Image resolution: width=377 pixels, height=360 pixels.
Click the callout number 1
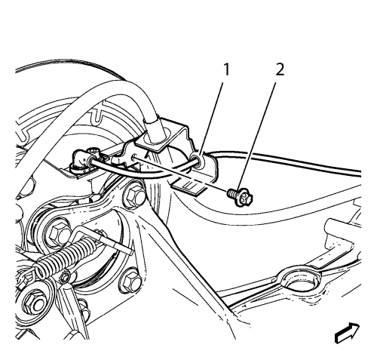click(x=226, y=69)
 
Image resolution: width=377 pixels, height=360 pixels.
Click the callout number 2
click(x=280, y=69)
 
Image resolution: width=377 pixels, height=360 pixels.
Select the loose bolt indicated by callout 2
click(x=240, y=197)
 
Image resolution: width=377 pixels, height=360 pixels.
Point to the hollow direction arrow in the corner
click(x=347, y=334)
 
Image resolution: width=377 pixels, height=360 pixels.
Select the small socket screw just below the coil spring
click(x=66, y=277)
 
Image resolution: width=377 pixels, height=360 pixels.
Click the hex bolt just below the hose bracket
click(x=134, y=195)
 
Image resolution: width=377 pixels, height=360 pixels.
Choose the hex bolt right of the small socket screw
click(x=130, y=281)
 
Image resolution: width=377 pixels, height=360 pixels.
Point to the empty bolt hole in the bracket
click(x=136, y=157)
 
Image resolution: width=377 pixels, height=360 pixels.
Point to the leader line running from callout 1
click(x=211, y=119)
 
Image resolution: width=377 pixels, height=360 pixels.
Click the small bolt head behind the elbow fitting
click(x=93, y=151)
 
